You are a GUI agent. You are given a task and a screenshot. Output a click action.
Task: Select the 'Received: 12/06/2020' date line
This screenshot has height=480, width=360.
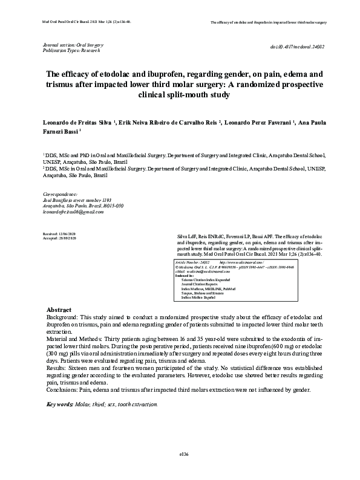[59, 233]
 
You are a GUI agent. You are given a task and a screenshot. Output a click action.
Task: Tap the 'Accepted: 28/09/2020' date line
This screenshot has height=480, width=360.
[59, 238]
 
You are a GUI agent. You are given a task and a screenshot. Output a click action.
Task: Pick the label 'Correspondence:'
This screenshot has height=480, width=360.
[58, 194]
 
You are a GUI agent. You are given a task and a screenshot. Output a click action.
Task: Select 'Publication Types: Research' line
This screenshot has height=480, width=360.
[71, 51]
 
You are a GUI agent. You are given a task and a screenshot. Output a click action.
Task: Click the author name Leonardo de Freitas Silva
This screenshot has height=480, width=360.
[76, 122]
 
